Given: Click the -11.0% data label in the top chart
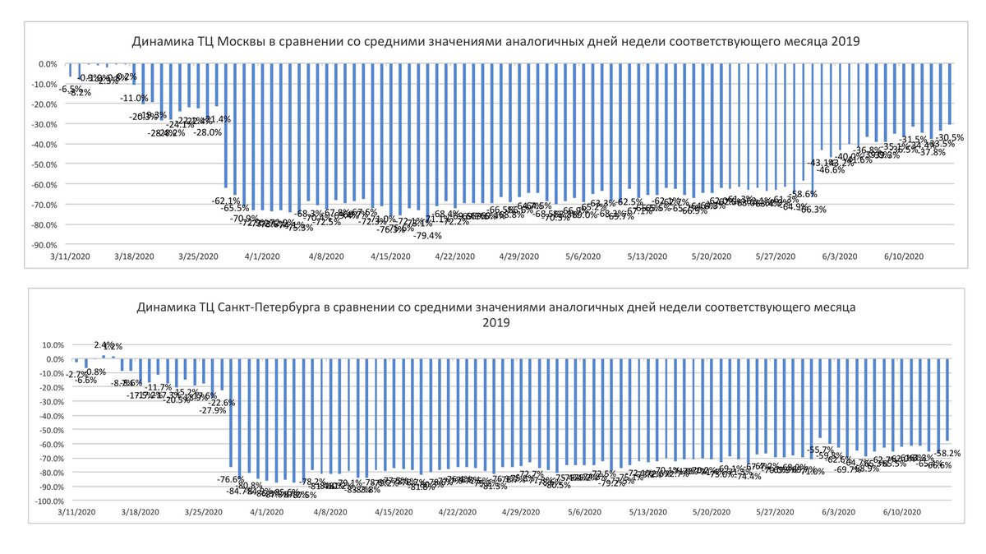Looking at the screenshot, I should click(134, 99).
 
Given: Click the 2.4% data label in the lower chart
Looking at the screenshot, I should click(104, 345).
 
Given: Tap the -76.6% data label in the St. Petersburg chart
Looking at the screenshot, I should click(231, 479).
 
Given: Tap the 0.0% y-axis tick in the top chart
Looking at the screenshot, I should click(47, 63).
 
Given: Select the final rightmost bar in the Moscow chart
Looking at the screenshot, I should click(951, 94).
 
